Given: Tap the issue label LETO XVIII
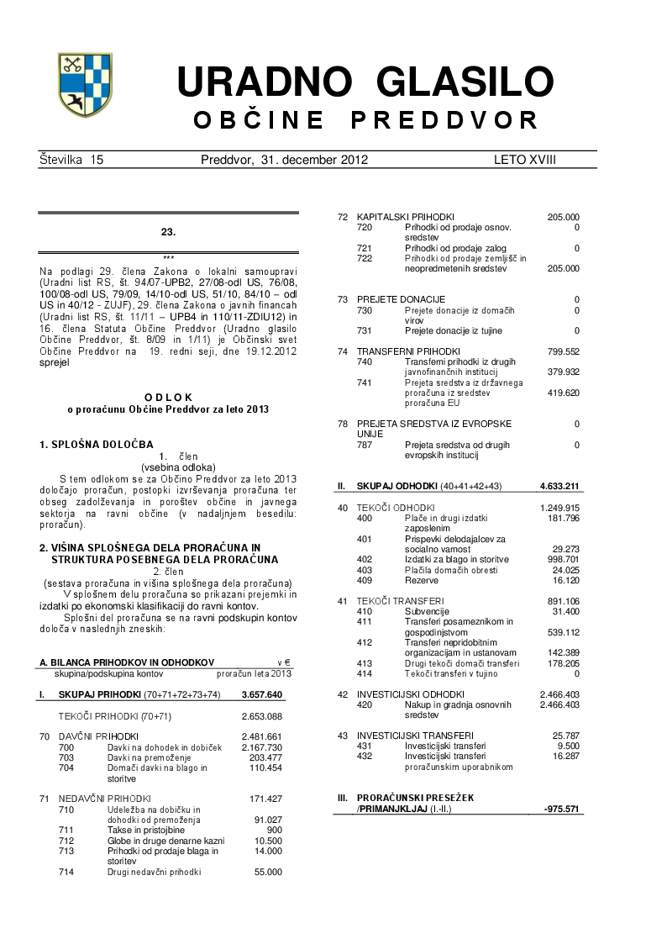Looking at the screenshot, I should coord(525,159).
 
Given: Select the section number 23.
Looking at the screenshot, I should coord(168,230).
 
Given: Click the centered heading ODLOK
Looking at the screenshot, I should coord(168,397).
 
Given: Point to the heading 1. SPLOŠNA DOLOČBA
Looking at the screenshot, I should coord(97,443).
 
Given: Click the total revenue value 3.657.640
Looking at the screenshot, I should coord(261,695).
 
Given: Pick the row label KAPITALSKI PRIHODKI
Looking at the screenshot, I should coord(406,217).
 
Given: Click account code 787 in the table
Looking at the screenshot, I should coord(365,445).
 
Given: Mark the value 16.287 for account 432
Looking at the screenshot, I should coord(565,756).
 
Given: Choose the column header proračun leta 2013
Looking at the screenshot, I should coord(254,673).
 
